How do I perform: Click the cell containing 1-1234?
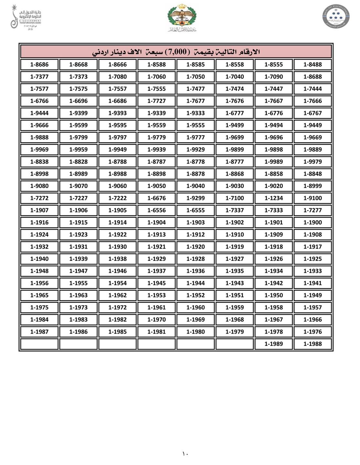(x=273, y=198)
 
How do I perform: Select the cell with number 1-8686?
(x=39, y=64)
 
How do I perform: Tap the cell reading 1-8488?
(x=312, y=64)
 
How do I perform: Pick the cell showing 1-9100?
(x=312, y=198)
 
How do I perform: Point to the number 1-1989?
(x=273, y=344)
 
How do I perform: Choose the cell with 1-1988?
(x=312, y=344)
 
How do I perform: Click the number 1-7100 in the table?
(x=235, y=198)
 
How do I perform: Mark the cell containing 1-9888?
(x=39, y=137)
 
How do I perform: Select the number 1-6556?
(x=156, y=210)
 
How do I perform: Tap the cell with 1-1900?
(x=312, y=222)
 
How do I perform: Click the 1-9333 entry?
(x=196, y=113)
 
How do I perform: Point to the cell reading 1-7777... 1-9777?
(x=196, y=137)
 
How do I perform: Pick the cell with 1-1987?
(x=39, y=332)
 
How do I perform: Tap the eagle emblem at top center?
(x=182, y=17)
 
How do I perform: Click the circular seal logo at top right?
(x=336, y=16)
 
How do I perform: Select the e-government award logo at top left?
(x=26, y=17)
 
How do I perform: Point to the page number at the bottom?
(x=185, y=454)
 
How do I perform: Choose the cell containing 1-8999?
(x=312, y=186)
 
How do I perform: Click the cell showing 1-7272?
(x=39, y=198)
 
